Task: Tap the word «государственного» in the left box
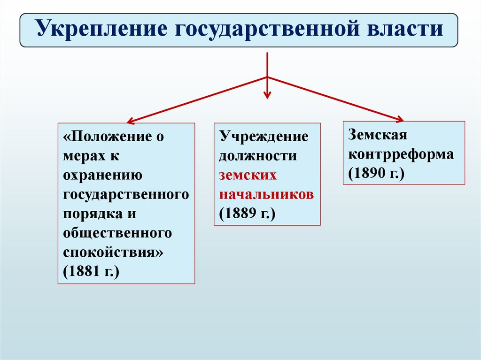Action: [126, 194]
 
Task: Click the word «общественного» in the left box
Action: [116, 233]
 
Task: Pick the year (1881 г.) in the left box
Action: [90, 271]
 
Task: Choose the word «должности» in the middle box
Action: [257, 155]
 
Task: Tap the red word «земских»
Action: [248, 175]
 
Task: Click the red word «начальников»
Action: [266, 194]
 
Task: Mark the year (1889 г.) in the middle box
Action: [247, 213]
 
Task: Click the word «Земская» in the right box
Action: [377, 134]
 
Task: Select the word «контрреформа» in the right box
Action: [401, 153]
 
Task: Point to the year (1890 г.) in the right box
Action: [376, 173]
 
